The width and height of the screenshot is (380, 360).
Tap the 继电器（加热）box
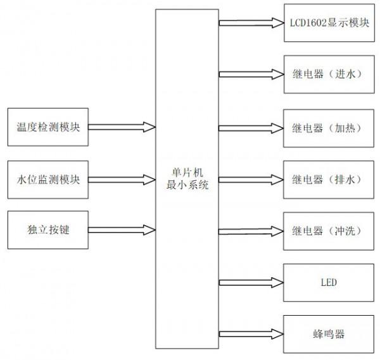[323, 127]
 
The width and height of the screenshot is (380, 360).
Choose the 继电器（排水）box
[323, 179]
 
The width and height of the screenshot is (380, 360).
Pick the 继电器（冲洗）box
[323, 230]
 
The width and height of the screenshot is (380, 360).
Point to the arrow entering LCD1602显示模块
[251, 23]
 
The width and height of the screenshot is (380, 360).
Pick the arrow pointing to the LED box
[251, 282]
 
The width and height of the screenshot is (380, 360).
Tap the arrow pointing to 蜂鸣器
[251, 333]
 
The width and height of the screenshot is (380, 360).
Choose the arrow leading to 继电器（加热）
[251, 127]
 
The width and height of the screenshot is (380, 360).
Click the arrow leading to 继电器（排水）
[251, 179]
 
